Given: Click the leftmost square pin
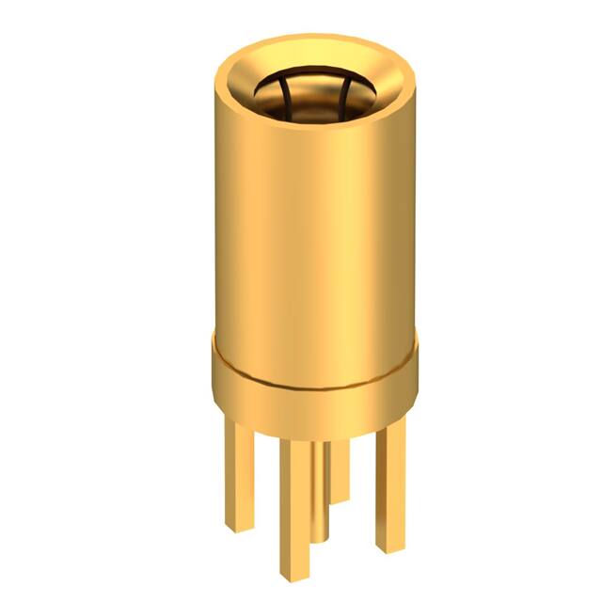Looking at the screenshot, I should pyautogui.click(x=240, y=470).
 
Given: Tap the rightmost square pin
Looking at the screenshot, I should pyautogui.click(x=390, y=480).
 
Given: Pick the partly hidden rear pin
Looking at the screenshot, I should pyautogui.click(x=341, y=466).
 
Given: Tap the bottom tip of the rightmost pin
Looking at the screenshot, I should pyautogui.click(x=390, y=546).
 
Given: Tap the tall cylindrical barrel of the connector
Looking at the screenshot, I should pyautogui.click(x=314, y=216).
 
